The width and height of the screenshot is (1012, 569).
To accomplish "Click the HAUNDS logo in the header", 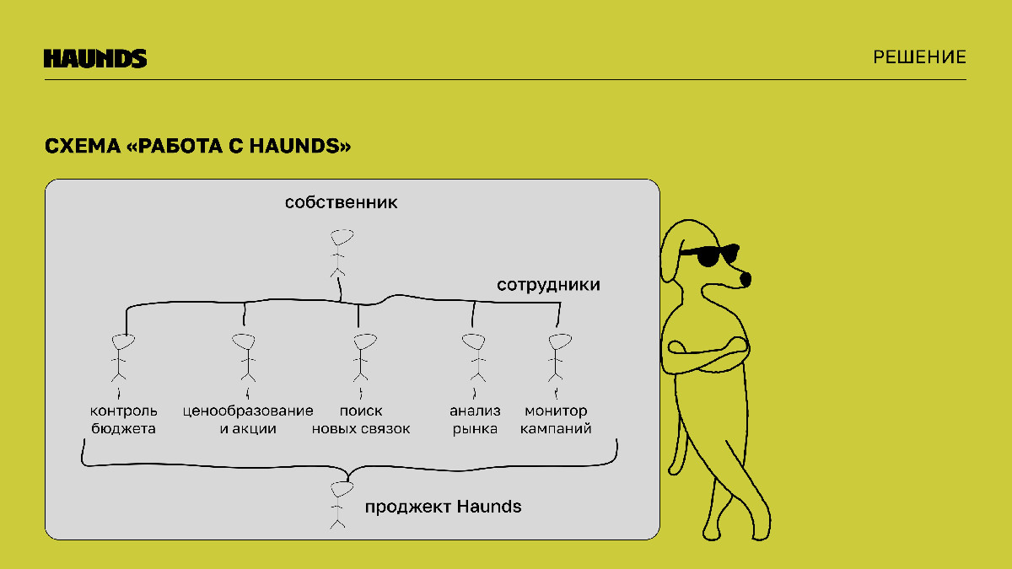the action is point(95,58).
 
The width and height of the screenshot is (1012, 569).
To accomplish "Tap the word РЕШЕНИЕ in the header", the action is point(919,57).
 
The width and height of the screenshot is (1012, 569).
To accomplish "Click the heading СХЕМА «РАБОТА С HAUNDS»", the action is point(198,146).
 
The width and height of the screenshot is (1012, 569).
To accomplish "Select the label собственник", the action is point(341,202).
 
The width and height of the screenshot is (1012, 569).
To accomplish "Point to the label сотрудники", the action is point(548,285).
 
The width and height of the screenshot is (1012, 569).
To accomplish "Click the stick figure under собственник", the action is point(341,253).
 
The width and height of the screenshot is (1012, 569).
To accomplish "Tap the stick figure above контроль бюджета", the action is point(121,357).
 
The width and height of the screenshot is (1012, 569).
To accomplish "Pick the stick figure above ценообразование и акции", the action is point(245,357).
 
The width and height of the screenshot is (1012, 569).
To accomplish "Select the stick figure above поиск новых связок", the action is point(363,357).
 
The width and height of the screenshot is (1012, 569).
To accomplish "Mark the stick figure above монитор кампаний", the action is point(558,357).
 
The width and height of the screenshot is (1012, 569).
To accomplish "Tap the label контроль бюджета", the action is point(123,420).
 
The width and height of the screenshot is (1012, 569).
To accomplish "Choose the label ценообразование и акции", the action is point(248,420).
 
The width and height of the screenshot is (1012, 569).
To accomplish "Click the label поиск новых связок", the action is point(361,420).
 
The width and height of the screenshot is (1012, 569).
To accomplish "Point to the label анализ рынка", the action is point(475,420).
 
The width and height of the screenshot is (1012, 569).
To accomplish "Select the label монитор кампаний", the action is point(556,420).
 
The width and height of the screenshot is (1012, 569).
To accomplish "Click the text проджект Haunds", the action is point(444,507).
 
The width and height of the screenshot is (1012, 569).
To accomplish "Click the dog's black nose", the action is point(746,280).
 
